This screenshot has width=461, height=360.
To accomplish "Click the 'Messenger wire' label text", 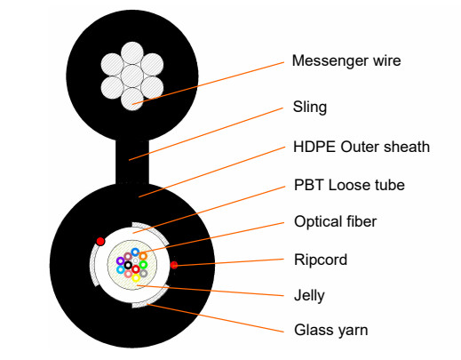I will [x=346, y=61].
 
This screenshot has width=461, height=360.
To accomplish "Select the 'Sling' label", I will [x=309, y=108].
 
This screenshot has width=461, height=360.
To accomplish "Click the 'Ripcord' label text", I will [x=320, y=260].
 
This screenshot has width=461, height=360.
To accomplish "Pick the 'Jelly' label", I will [x=309, y=294].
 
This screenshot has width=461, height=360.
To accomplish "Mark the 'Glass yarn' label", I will [x=330, y=330].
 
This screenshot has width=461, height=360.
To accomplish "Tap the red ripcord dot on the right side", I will [x=175, y=264].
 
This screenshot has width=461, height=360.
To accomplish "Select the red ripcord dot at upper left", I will [x=100, y=241].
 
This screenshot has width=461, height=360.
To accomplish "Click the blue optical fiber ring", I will [x=135, y=252].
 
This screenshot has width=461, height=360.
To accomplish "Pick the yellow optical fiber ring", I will [x=136, y=277].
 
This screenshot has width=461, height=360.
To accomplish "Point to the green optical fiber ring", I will [x=143, y=264].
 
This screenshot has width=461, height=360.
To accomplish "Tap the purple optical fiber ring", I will [x=120, y=260].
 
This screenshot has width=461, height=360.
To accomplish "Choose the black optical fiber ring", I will [x=128, y=265].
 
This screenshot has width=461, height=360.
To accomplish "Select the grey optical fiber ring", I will [x=143, y=273].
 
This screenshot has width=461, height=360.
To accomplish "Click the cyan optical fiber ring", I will [x=121, y=269].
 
